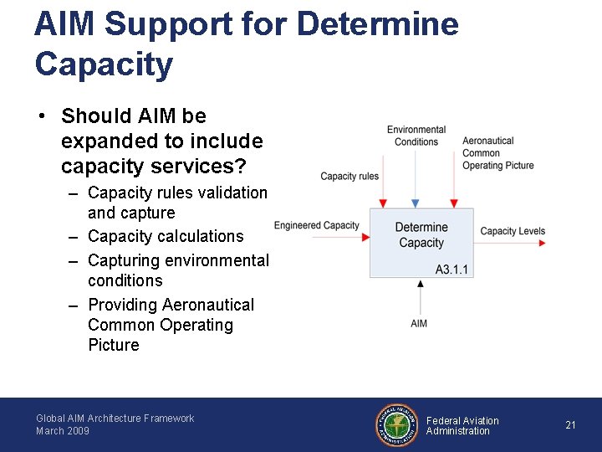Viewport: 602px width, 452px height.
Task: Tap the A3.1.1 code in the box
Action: (452, 270)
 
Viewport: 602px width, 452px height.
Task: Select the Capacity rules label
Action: (349, 177)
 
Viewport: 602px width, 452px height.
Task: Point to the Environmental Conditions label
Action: (416, 136)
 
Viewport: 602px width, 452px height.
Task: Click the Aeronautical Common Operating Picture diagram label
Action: (497, 153)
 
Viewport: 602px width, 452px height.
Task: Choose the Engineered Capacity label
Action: (316, 225)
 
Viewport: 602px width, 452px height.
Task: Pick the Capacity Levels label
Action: (513, 231)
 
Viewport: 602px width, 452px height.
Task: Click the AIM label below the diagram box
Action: (419, 323)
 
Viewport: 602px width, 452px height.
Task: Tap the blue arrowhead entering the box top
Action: (416, 203)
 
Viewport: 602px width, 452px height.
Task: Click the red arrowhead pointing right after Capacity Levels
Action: (543, 243)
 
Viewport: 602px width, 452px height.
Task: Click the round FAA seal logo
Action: (395, 425)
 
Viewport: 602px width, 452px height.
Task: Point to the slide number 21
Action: (570, 425)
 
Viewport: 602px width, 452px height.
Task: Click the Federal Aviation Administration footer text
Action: (462, 426)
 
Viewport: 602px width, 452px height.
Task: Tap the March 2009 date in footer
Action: (63, 431)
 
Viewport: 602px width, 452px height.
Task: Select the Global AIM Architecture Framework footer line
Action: (115, 419)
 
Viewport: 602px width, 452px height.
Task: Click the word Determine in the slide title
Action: (377, 24)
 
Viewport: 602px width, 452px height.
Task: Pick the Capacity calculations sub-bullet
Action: (166, 236)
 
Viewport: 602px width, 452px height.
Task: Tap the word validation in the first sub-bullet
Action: (227, 193)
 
